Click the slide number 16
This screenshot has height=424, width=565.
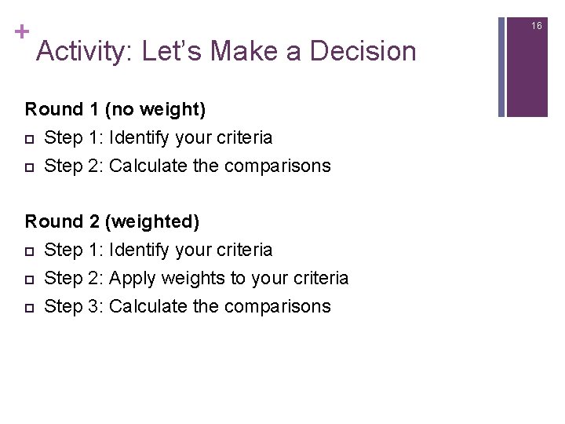[537, 26]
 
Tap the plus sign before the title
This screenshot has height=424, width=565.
[20, 32]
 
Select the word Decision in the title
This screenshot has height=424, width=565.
[363, 52]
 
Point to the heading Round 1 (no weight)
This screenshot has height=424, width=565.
[115, 109]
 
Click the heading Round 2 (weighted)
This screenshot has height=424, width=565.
[112, 221]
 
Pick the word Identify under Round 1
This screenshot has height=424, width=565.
[140, 137]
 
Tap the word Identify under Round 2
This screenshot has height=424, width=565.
[140, 250]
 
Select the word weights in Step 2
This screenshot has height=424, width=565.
[187, 278]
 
